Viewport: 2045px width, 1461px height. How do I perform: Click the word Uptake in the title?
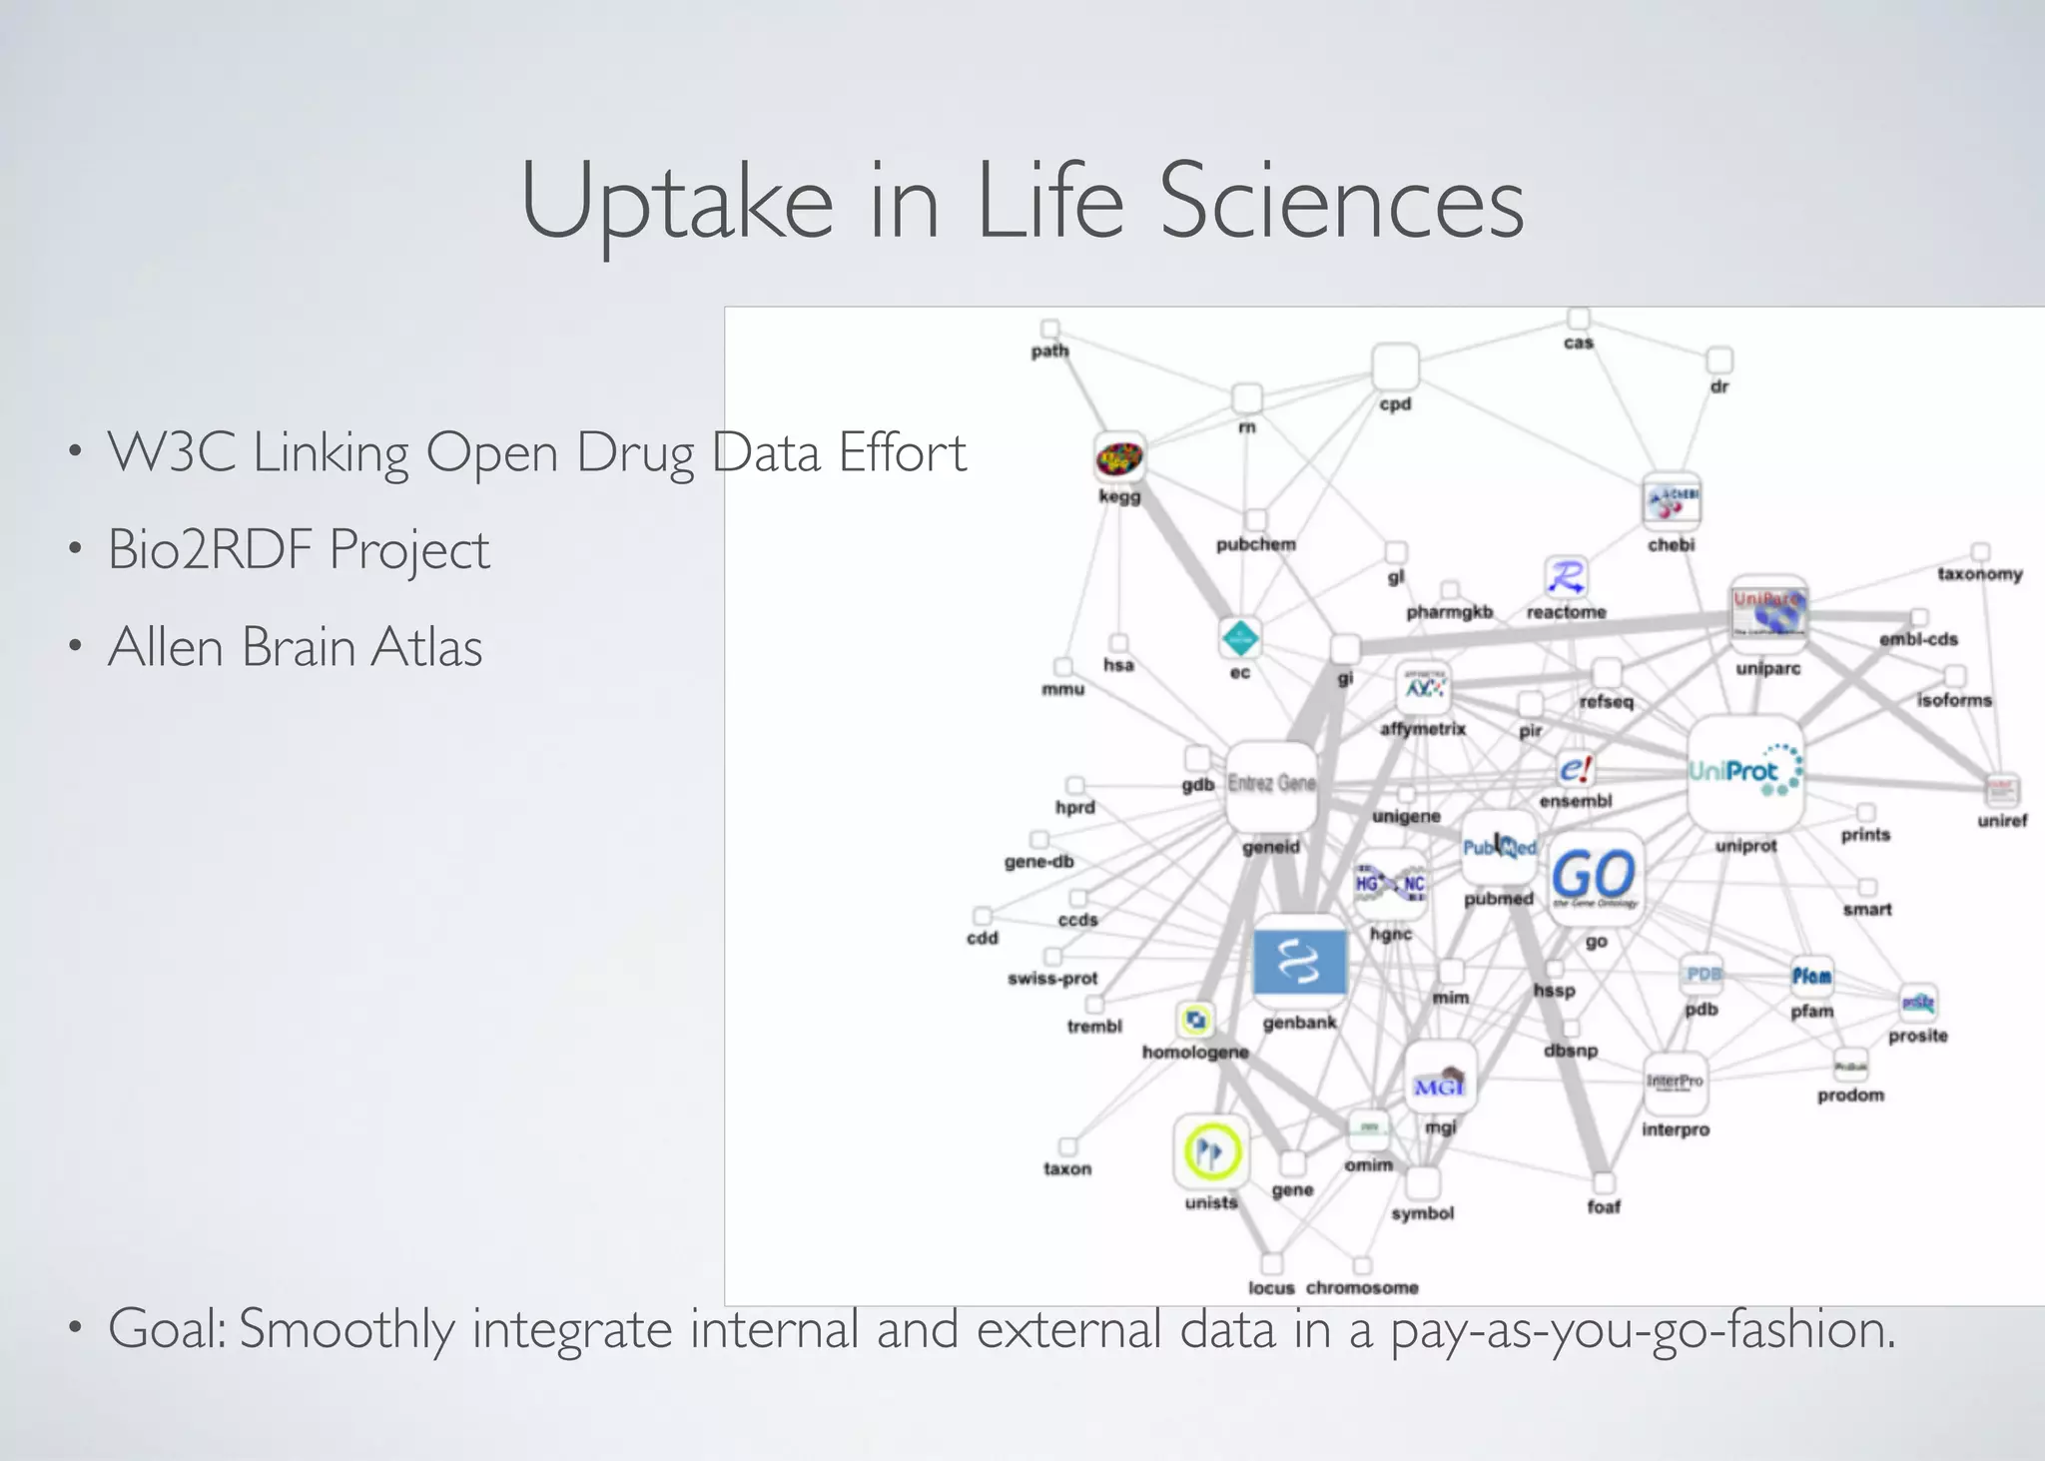click(x=676, y=203)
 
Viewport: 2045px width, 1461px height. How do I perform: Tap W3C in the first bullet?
click(x=171, y=452)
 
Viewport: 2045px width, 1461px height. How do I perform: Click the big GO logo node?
click(x=1594, y=876)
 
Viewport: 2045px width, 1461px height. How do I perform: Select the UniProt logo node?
click(x=1744, y=772)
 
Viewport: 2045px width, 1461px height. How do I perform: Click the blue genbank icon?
click(x=1299, y=962)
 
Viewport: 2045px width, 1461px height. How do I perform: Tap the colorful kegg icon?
click(x=1119, y=459)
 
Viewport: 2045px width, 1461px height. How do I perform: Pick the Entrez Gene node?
click(x=1271, y=785)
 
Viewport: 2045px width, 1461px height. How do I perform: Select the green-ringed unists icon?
click(x=1211, y=1152)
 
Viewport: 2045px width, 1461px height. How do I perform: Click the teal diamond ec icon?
click(x=1239, y=638)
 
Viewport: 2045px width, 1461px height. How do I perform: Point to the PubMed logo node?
click(x=1499, y=848)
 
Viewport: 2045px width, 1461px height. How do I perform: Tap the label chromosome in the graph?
click(x=1362, y=1287)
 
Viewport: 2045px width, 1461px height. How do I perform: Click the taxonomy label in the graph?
click(x=1979, y=574)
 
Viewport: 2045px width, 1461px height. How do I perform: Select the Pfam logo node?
click(x=1811, y=976)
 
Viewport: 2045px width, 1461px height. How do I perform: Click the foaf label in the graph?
click(x=1604, y=1206)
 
